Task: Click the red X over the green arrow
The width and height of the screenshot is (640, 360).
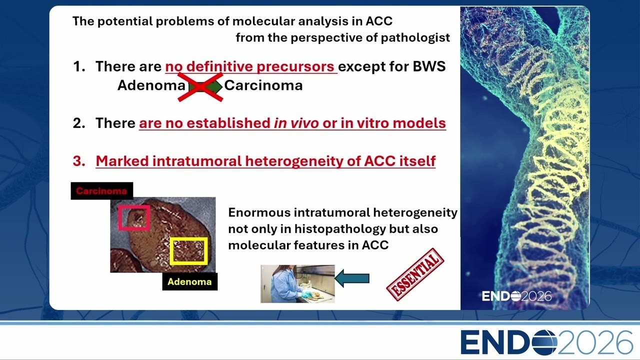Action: pos(200,87)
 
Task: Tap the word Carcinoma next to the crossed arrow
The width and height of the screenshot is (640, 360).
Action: pos(263,85)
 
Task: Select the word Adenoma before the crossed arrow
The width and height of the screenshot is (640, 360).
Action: pos(151,85)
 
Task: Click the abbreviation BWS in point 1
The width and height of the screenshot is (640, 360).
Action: pos(429,66)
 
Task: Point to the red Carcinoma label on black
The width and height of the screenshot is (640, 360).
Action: pos(101,191)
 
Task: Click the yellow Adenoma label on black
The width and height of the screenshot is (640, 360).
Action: pos(189,281)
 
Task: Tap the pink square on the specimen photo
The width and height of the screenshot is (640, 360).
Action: pos(134,217)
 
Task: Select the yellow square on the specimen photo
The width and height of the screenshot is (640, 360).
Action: pos(189,251)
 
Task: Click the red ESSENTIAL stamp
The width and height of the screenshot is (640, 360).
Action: pos(415,274)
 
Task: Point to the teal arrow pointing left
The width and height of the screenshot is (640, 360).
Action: pos(351,278)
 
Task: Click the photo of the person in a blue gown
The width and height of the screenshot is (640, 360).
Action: pos(297,283)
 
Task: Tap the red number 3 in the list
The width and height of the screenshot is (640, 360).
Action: pos(79,161)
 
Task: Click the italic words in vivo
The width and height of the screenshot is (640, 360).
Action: pos(296,123)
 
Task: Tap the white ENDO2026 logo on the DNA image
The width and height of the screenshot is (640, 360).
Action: pos(516,296)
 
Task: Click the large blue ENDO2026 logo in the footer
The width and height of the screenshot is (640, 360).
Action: pos(546,342)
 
